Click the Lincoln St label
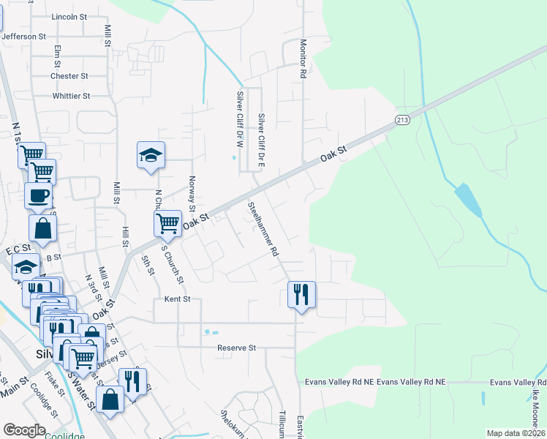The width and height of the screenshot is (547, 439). coord(70,16)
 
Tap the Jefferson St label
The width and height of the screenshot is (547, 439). coord(23,35)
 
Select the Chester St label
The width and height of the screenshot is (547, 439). coord(69,75)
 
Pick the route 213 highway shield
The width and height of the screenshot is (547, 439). coord(403,119)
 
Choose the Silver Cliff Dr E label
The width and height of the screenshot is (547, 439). coord(261,139)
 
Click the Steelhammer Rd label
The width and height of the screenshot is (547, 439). coord(263,229)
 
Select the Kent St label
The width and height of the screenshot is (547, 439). coord(177,299)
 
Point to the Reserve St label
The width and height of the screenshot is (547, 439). coord(235,348)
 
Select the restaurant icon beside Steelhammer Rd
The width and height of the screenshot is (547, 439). coord(301,295)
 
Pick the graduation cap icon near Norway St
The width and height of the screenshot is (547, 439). coord(151,155)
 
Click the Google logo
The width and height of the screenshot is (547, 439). coord(24,430)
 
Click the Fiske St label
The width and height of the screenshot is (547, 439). coord(56,383)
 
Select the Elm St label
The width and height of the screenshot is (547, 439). coord(58,57)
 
